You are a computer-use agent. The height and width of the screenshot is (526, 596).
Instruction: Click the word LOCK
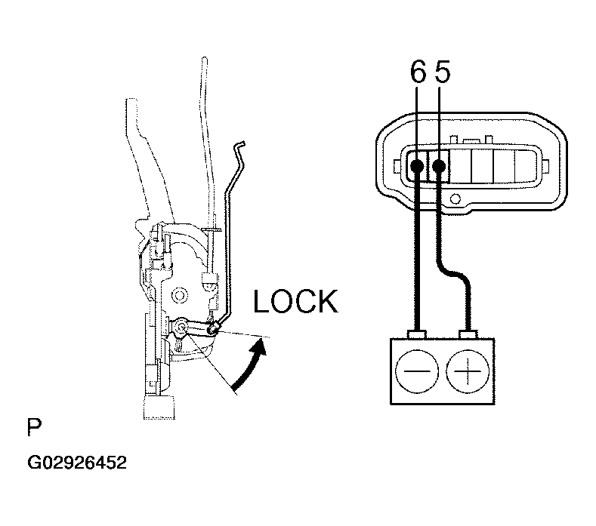click(295, 301)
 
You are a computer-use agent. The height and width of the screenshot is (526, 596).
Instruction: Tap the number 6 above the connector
click(418, 73)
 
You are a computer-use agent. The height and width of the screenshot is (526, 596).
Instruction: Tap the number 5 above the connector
click(443, 73)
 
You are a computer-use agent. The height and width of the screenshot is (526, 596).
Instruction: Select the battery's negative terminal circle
click(416, 371)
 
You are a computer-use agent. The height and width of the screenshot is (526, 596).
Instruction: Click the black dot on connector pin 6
click(417, 164)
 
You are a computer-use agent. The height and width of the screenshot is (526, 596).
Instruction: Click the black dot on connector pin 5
click(439, 164)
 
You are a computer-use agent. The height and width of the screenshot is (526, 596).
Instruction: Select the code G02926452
click(77, 462)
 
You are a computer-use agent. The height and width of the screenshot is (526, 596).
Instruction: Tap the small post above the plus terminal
click(467, 334)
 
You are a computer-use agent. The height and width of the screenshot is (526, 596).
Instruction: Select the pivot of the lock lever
click(183, 327)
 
